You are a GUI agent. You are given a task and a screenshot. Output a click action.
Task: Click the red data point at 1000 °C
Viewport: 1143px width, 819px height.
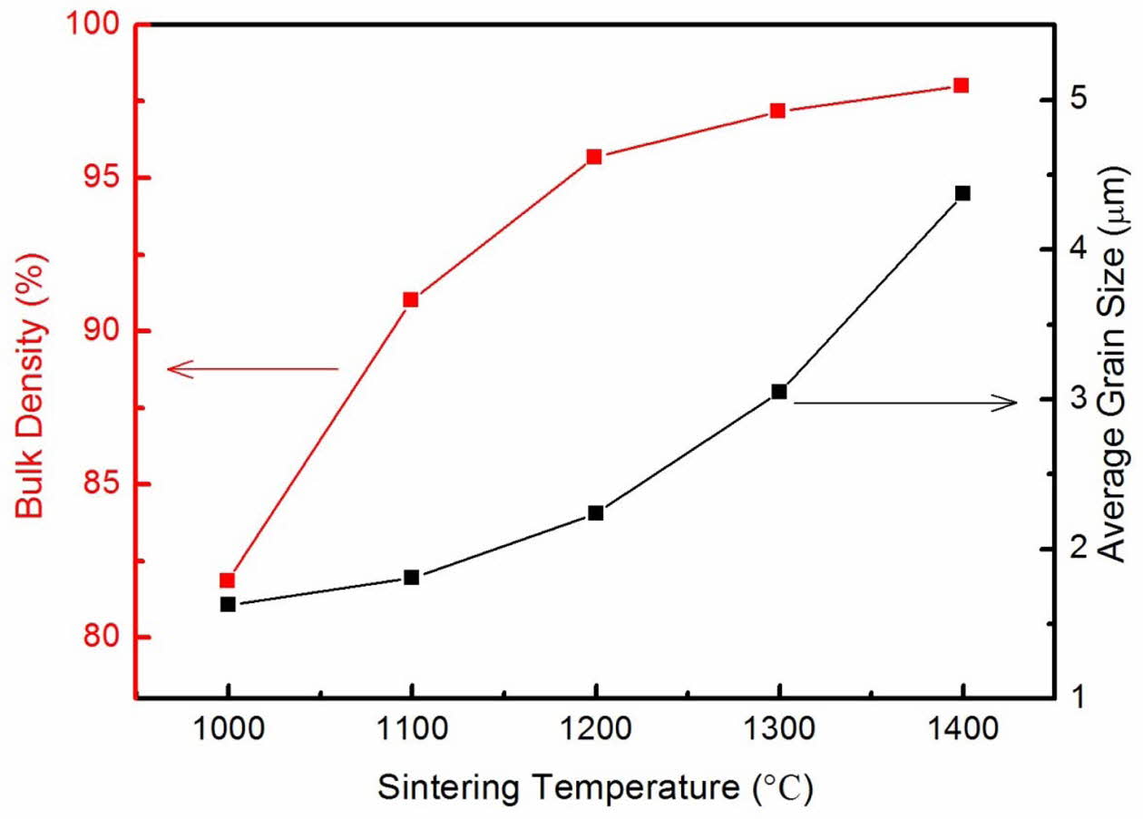point(228,580)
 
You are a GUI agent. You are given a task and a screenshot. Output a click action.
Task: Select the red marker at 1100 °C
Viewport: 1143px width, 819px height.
point(411,299)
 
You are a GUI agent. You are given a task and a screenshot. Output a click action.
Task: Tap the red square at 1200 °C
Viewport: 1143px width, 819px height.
point(594,156)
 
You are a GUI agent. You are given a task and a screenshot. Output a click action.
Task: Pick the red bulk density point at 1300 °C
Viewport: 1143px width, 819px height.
point(777,111)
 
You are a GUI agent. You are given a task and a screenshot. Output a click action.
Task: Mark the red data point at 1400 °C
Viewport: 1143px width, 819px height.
point(962,85)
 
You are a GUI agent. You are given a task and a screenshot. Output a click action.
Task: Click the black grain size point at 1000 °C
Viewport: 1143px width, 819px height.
point(228,604)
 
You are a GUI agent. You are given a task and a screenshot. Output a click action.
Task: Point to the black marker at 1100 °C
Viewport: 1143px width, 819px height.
point(411,577)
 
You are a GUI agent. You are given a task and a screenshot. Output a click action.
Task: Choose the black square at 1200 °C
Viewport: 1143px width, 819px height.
point(595,513)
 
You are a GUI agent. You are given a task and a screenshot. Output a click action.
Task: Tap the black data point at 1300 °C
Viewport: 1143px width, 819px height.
point(778,392)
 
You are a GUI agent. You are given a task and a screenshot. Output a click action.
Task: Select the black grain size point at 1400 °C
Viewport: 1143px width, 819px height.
point(962,193)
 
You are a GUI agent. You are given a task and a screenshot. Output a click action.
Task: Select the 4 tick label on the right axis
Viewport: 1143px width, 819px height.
point(1075,249)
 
